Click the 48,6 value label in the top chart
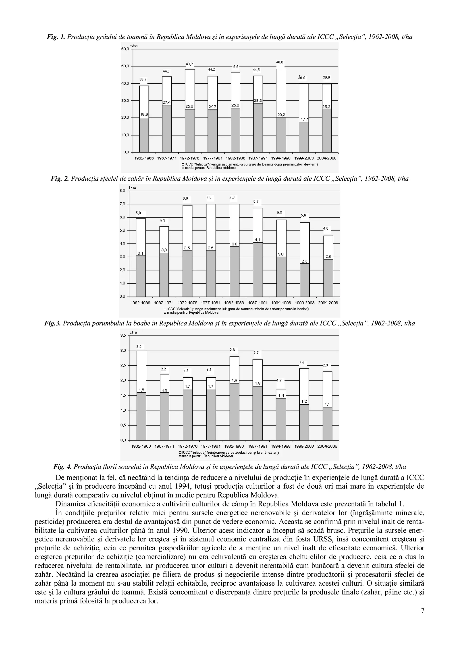coord(280,62)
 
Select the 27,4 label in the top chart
coord(167,103)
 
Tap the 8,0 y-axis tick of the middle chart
coord(122,191)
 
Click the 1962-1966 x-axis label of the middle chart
coord(141,303)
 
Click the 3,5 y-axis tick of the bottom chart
coord(123,336)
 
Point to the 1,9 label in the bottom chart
coord(234,380)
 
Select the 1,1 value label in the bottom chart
coord(327,404)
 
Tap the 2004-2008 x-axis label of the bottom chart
coord(327,446)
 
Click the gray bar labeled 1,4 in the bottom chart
coord(281,419)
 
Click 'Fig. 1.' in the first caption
coord(56,37)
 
